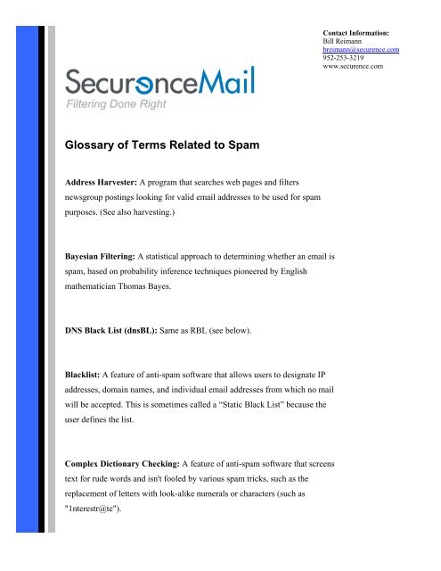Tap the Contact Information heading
(x=359, y=32)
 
